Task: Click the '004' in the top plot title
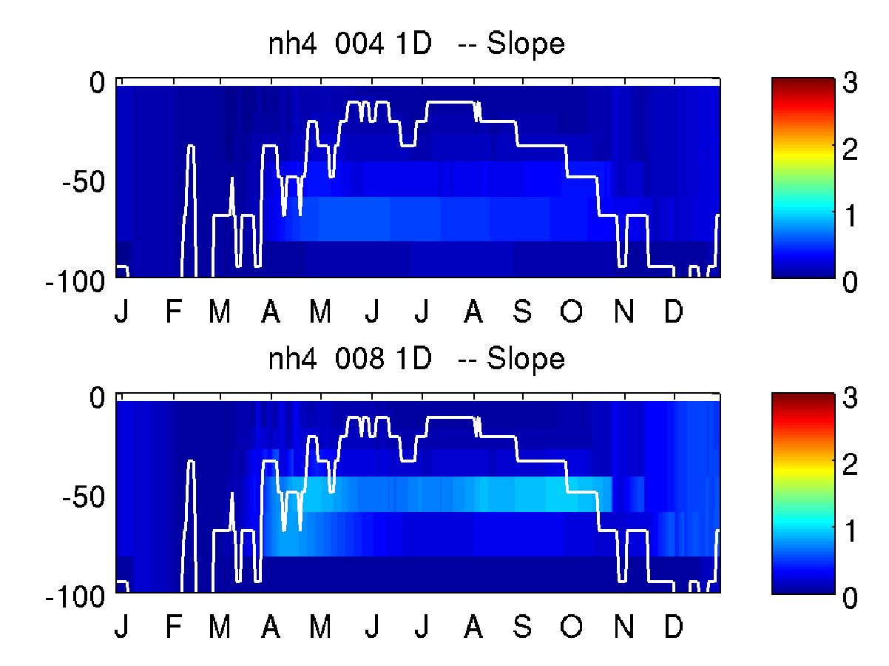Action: click(x=359, y=44)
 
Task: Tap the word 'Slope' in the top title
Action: click(x=525, y=45)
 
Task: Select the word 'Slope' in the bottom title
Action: click(x=525, y=360)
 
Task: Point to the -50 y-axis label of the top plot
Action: click(x=84, y=182)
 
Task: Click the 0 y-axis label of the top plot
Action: click(x=97, y=83)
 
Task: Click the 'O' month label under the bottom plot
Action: click(x=572, y=626)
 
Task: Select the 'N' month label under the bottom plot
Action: click(x=624, y=626)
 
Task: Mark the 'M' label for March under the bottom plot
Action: click(x=220, y=626)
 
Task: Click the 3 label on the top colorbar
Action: click(x=850, y=82)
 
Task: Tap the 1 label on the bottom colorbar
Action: click(x=851, y=531)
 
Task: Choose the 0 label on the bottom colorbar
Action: click(x=850, y=598)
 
